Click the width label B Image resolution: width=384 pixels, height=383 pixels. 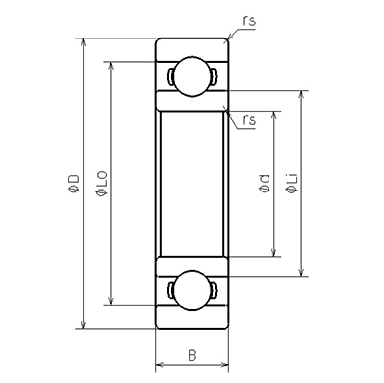coord(192,353)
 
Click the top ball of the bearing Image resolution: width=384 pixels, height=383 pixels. coord(192,76)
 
